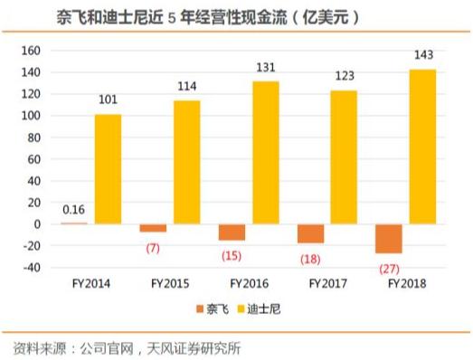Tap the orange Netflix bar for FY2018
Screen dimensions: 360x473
click(390, 239)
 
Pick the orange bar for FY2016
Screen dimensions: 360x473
click(232, 232)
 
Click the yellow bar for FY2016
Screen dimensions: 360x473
click(264, 153)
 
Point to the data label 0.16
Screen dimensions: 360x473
click(74, 210)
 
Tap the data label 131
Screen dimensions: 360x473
click(264, 69)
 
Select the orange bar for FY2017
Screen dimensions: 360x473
click(310, 233)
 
